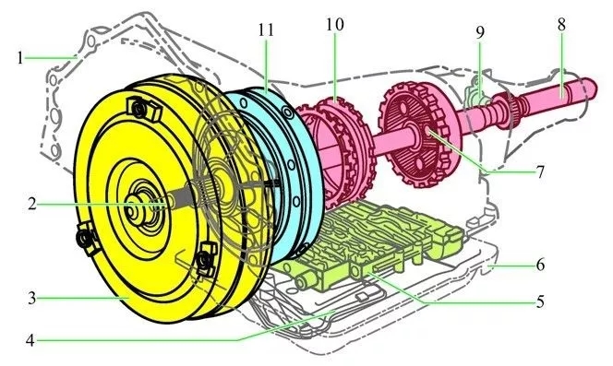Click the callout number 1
20,58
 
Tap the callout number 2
32,204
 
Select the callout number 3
31,299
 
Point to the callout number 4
30,340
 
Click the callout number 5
540,301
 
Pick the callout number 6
540,265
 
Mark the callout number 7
540,171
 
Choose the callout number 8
561,24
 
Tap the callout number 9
480,32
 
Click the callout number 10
335,24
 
